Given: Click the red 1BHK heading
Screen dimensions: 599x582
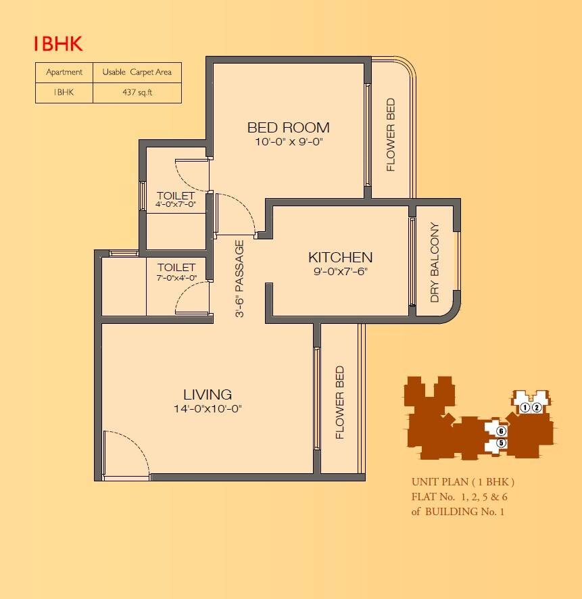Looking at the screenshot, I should pos(58,45).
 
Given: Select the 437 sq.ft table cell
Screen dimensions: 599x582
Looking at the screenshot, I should pos(137,93).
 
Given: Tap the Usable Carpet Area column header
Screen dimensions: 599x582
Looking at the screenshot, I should pos(137,72).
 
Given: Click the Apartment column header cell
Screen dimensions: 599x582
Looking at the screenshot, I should pos(64,72).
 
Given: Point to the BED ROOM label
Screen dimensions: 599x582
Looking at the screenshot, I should pos(288,127).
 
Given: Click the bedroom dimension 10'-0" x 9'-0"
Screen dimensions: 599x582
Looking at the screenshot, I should pos(288,143).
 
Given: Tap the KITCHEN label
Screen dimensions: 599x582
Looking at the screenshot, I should pos(340,258).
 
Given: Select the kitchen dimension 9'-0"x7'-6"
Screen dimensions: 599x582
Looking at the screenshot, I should pos(340,272).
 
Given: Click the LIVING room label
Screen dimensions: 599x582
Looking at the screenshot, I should pos(208,394).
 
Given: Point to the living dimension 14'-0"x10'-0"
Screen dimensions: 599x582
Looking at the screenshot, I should pos(208,409).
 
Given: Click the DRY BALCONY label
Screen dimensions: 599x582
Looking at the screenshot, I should pos(435,262).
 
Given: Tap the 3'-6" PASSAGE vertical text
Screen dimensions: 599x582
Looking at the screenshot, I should pos(239,279).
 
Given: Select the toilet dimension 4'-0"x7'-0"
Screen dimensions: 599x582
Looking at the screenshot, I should pos(175,205).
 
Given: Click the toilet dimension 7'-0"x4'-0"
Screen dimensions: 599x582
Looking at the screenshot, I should pos(176,277).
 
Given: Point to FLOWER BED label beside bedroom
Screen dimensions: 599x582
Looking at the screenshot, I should pos(391,135).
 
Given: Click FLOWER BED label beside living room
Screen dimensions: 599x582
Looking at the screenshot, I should pos(340,403).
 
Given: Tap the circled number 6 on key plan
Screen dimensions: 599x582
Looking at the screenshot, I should pos(501,431).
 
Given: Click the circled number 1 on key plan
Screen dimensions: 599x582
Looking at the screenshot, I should pos(525,408).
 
